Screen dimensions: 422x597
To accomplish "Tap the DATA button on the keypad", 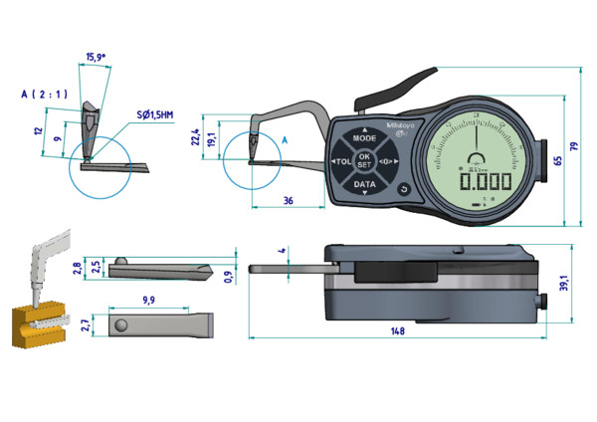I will point(365,184).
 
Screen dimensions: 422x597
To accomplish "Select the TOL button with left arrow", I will point(340,161).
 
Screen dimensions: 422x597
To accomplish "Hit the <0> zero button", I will point(389,161).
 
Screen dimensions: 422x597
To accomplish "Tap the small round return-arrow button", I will point(404,189).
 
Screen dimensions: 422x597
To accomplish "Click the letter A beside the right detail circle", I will point(284,142).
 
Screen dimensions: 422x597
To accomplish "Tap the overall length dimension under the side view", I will point(397,329).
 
